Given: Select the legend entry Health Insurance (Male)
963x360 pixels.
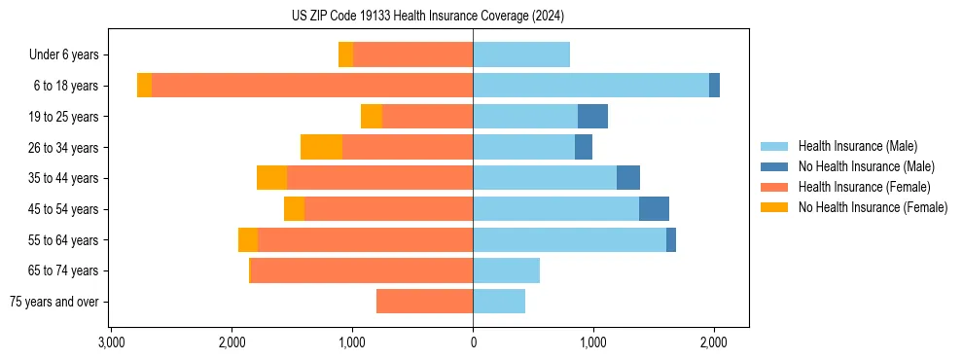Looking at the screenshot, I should coord(857,146).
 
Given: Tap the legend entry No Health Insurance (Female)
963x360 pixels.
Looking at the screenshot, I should coord(873,207).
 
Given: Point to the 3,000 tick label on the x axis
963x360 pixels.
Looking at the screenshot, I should coord(112,342).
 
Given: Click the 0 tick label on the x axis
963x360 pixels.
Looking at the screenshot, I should coord(474,342).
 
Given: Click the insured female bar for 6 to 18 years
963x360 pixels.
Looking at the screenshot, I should coord(312,86).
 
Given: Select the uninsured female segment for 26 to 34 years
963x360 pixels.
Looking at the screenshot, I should coord(321,147).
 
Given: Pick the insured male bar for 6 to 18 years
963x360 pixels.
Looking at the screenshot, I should coord(590,86).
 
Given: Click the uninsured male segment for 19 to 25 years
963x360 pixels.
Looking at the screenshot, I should coord(592,117).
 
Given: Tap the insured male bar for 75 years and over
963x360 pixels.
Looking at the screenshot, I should coord(499,302).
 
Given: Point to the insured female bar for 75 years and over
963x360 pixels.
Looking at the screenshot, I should coord(425,302).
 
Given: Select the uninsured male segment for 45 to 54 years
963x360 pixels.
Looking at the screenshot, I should coord(654,209).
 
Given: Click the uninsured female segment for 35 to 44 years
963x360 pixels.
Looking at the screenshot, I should coord(271,178).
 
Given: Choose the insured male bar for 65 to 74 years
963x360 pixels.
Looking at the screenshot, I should coord(506,270).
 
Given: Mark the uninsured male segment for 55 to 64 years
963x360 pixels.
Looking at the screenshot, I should coord(671,240).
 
